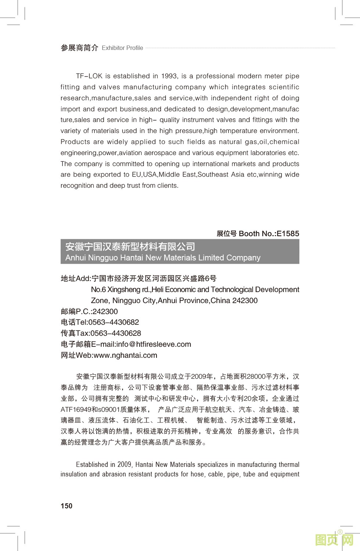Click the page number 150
(66, 506)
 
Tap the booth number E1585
(288, 234)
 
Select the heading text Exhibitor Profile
(122, 48)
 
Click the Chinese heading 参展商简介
(79, 48)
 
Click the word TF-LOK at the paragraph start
(89, 76)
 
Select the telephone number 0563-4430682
(114, 323)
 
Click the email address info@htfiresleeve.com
(154, 345)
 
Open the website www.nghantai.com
(125, 356)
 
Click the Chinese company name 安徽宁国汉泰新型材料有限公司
(130, 246)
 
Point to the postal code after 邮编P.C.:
(105, 312)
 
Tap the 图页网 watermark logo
(334, 540)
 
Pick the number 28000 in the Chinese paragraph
(256, 377)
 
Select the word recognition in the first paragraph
(77, 186)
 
